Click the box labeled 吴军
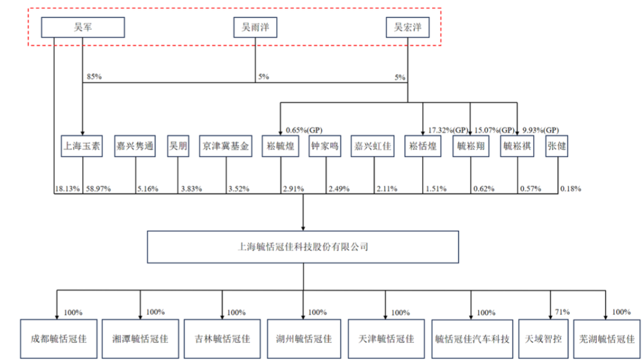tap(82, 27)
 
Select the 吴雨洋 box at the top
tap(255, 27)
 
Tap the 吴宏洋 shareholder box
tap(407, 27)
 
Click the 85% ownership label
tap(95, 77)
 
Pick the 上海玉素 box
tap(82, 146)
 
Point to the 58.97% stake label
tap(98, 189)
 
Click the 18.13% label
tap(65, 189)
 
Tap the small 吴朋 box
tap(178, 146)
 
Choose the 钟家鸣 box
tap(325, 146)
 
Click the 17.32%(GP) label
tap(448, 129)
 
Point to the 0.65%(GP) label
tap(304, 129)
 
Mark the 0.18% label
tap(570, 189)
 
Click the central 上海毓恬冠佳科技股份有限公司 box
tap(303, 246)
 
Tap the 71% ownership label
tap(562, 311)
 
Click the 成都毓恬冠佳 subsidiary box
tap(58, 339)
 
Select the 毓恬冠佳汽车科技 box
tap(472, 339)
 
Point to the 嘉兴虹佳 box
tap(373, 146)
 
